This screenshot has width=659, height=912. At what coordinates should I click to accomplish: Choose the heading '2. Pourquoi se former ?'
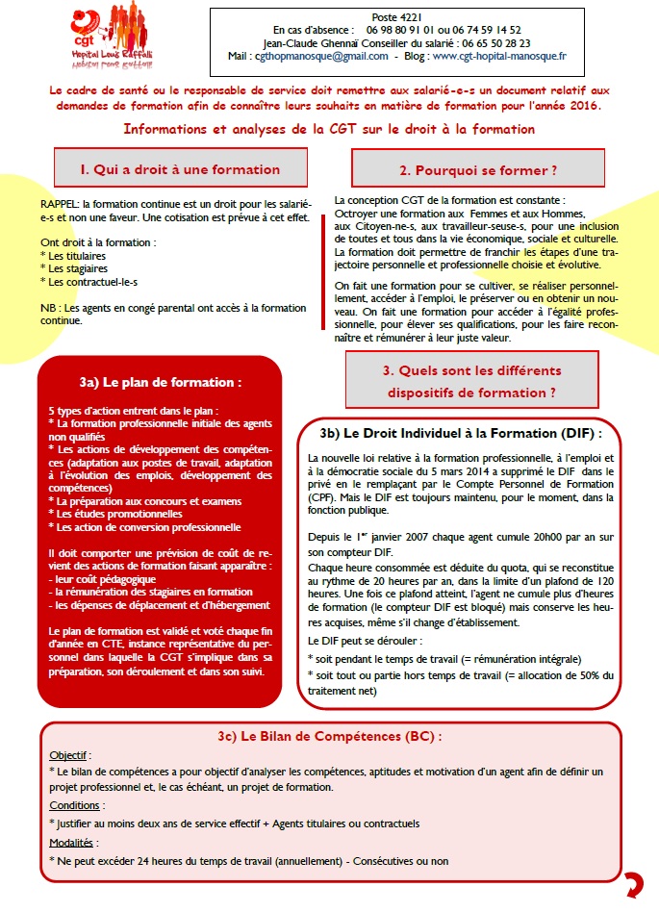coord(478,170)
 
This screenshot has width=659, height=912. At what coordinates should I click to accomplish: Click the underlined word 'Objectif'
coord(67,755)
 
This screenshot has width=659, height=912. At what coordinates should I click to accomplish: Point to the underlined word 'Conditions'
coord(74,806)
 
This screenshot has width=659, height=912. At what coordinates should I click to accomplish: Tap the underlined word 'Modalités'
coord(73,843)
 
